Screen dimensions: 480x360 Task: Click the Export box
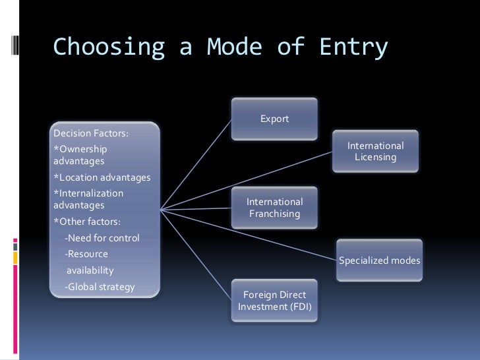pos(274,119)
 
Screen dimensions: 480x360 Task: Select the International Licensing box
pos(375,152)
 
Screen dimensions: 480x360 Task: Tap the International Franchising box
pos(274,208)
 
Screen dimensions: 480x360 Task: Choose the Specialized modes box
pos(379,260)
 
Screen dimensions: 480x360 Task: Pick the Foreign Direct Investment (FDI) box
pos(274,301)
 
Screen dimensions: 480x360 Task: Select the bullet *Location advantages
pos(102,177)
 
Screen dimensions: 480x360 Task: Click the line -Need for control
pos(102,237)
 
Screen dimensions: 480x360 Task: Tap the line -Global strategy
pos(99,287)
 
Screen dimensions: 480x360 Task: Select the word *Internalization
pos(88,193)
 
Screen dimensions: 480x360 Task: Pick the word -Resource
pos(86,254)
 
